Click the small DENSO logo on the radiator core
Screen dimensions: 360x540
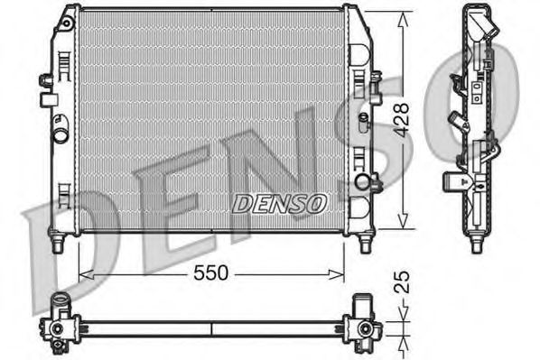279,204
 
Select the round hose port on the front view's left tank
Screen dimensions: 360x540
60,138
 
